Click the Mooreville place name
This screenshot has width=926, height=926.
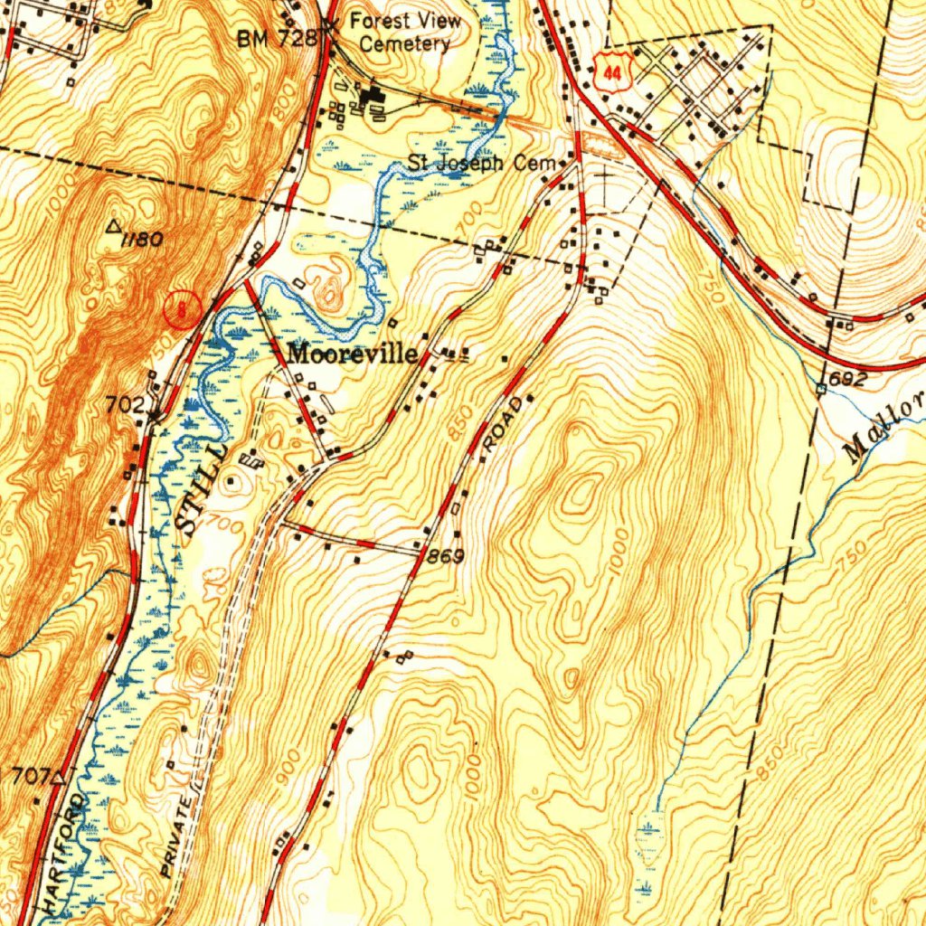pos(353,354)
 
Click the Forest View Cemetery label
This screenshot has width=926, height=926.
pos(405,32)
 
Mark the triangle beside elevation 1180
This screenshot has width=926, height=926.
pos(115,227)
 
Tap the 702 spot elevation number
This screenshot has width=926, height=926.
pos(126,406)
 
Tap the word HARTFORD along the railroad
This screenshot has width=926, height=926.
pos(64,850)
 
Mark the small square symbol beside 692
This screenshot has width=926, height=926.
pos(821,390)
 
